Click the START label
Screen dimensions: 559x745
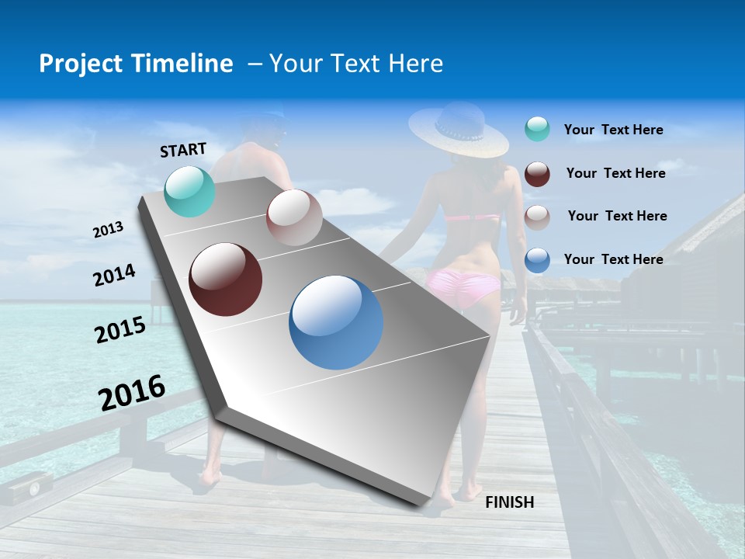(183, 150)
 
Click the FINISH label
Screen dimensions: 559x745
(510, 502)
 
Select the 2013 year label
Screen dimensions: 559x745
(109, 230)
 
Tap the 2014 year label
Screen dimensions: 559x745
(115, 276)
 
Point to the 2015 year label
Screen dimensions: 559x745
(120, 330)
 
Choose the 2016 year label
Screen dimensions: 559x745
(132, 392)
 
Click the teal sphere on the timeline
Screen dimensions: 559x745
(190, 191)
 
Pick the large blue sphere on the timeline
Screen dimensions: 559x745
(336, 322)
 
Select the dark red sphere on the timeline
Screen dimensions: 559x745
(225, 279)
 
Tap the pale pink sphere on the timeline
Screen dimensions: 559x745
(294, 217)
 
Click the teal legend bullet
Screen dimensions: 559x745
(537, 130)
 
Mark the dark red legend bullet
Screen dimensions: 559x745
(537, 173)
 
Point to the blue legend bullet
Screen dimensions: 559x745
(537, 259)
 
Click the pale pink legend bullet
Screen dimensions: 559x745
(537, 216)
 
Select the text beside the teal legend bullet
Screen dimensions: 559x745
(613, 130)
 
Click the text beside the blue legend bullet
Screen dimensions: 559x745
(613, 259)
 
